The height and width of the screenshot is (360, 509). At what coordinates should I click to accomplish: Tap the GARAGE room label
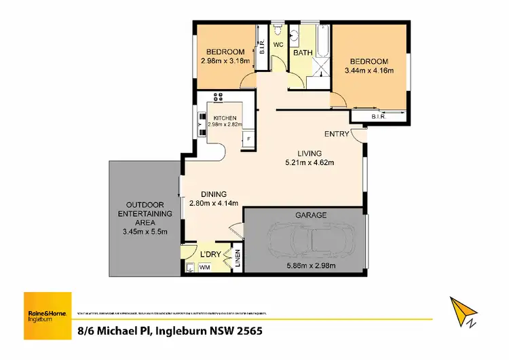pos(310,215)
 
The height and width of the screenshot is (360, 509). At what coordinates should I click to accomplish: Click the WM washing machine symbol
pos(204,268)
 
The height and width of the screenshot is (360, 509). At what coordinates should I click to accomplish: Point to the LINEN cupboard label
pos(237,258)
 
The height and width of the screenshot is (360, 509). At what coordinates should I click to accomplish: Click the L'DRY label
pos(210,254)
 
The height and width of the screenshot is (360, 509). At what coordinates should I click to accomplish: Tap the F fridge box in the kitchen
pos(248,139)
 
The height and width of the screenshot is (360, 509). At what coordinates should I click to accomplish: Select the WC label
pos(278,45)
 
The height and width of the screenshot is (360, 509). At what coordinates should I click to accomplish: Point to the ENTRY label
pos(337,134)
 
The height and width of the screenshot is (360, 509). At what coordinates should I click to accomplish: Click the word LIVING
pos(309,154)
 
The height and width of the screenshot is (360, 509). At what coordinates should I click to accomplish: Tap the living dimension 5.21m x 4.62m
pos(309,162)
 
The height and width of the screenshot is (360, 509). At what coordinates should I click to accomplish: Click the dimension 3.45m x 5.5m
pos(144,232)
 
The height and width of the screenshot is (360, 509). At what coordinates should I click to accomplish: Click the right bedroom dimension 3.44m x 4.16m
pos(369,70)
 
